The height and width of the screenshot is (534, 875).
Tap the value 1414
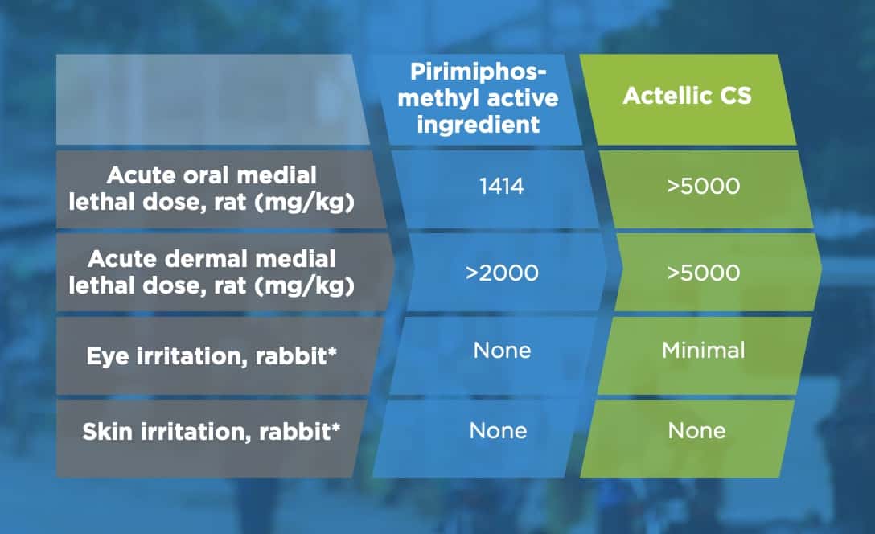click(x=502, y=187)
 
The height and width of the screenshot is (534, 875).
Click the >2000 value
click(x=502, y=273)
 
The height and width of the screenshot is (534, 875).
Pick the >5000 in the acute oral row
click(x=703, y=187)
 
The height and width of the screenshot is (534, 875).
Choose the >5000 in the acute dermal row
click(x=703, y=273)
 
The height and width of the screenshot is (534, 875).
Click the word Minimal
click(x=703, y=351)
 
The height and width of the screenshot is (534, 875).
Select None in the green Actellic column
click(x=697, y=431)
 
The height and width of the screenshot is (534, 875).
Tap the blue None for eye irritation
click(x=502, y=351)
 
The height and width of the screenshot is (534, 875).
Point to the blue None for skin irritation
click(x=498, y=431)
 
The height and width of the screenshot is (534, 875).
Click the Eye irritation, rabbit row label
click(x=212, y=356)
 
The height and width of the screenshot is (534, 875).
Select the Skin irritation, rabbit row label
click(x=212, y=432)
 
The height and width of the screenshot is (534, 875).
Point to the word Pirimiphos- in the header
click(x=479, y=72)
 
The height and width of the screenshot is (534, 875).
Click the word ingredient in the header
click(x=479, y=125)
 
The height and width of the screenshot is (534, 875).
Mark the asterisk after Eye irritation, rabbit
click(x=333, y=351)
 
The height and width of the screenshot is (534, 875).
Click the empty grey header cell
click(x=212, y=100)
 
